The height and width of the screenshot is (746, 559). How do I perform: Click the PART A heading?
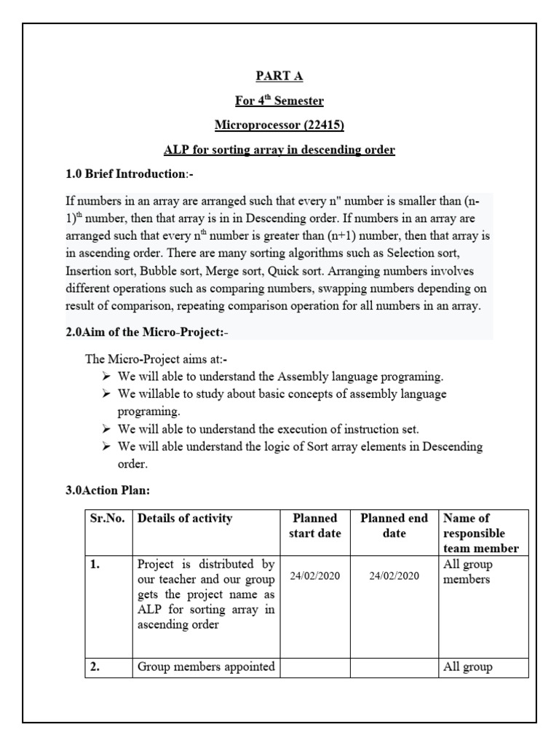279,76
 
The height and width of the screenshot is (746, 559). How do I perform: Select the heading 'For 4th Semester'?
279,101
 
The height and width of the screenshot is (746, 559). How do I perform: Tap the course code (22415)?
321,125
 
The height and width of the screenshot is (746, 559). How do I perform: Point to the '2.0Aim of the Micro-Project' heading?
150,332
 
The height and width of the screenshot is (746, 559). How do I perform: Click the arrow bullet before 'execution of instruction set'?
106,428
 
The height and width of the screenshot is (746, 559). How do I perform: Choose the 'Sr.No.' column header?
108,519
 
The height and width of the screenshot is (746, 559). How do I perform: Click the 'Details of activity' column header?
185,519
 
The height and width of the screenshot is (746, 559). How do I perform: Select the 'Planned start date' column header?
315,526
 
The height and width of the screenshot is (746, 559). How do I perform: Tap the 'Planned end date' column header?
394,526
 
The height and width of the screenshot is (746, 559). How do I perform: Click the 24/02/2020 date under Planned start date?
315,576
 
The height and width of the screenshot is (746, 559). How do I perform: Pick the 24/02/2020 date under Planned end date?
394,576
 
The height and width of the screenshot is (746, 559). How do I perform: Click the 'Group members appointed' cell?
206,666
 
